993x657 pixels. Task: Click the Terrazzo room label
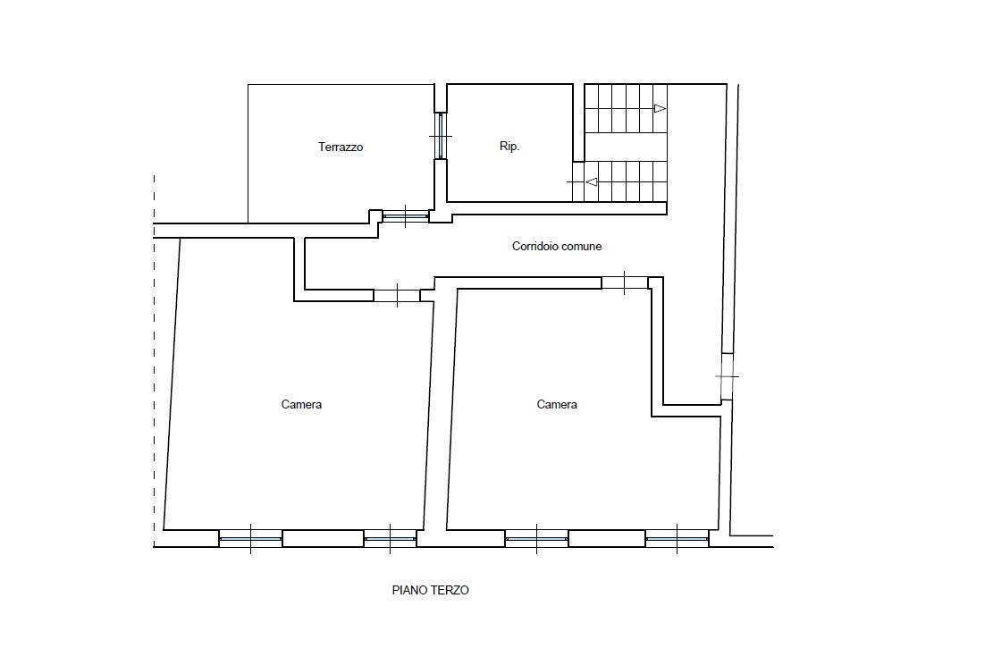341,147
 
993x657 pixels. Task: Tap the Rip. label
509,147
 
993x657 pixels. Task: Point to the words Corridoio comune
557,246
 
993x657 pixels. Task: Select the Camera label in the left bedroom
301,404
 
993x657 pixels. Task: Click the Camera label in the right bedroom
557,404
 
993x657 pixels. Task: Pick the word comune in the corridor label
580,246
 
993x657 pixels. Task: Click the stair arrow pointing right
660,108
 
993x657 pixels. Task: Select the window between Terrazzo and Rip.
441,136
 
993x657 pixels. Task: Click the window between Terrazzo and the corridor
406,216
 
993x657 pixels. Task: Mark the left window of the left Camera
251,538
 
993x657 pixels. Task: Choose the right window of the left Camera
390,538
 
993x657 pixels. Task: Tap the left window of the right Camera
537,538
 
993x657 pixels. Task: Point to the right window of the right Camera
677,538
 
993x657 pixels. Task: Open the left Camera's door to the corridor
397,295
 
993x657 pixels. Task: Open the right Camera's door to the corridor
625,282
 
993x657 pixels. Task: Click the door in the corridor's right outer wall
727,376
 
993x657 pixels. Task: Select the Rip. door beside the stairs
578,181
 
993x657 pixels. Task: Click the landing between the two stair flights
626,147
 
